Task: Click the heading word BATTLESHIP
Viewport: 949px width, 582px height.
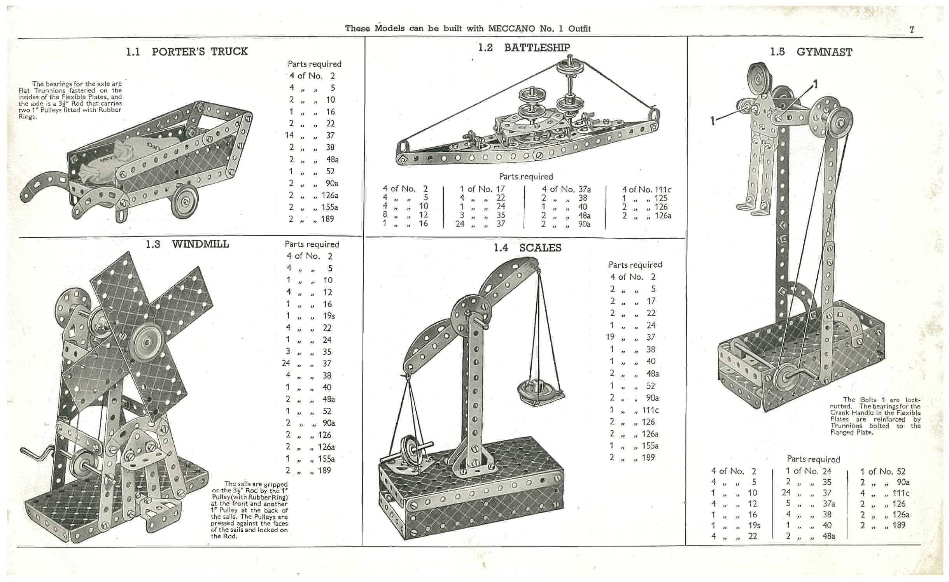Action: click(x=537, y=47)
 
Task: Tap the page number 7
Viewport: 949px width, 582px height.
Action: click(x=912, y=30)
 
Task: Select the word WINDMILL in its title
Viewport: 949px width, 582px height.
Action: click(x=200, y=244)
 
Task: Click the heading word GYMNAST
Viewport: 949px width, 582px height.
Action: click(x=824, y=52)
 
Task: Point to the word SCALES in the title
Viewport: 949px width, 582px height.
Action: click(x=540, y=248)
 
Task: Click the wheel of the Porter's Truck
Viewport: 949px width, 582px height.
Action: click(x=185, y=201)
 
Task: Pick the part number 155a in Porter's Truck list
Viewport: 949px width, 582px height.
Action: click(x=329, y=207)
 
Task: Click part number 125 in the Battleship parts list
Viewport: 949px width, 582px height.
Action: click(x=661, y=198)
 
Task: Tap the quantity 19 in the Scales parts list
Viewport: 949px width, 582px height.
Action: click(x=610, y=337)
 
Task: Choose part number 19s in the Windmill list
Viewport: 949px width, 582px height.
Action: click(x=329, y=316)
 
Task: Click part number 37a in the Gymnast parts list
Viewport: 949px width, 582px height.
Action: click(x=829, y=503)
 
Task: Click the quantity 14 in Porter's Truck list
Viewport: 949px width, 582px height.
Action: click(x=289, y=135)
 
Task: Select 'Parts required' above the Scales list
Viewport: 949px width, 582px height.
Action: click(x=635, y=265)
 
